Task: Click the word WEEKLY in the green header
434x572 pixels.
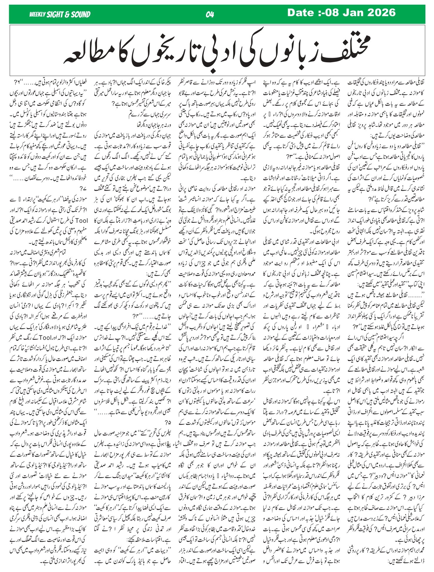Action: tap(37, 14)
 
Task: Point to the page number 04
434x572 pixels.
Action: tap(210, 14)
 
